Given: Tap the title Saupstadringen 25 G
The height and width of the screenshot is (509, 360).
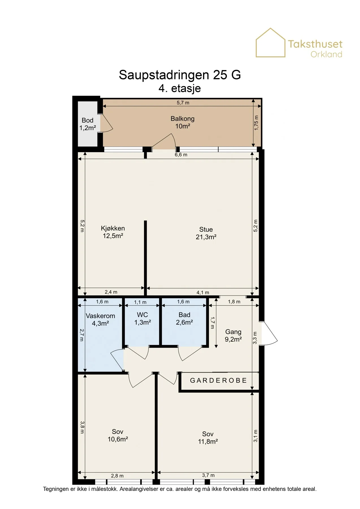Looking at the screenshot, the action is tap(180, 75).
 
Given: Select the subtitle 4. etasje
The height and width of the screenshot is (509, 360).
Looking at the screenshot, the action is tap(180, 88).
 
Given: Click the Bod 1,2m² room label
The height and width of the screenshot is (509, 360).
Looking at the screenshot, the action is tap(88, 124).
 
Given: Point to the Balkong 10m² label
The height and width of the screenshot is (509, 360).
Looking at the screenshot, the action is tap(182, 122).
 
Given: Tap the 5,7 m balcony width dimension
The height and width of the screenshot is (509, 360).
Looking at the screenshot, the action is tap(183, 103).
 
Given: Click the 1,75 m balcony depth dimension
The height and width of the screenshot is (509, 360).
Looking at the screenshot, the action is tap(256, 123).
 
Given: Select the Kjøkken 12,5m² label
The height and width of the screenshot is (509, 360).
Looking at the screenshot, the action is tap(113, 232).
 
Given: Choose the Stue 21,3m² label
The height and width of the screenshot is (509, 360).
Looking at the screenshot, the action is tap(206, 233).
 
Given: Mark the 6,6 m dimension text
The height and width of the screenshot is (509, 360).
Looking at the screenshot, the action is tap(181, 155).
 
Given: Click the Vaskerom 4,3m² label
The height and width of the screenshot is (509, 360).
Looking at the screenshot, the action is tap(100, 320).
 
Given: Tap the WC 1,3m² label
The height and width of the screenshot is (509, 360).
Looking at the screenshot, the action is tap(143, 318).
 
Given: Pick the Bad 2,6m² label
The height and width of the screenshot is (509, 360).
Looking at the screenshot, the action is tap(184, 318).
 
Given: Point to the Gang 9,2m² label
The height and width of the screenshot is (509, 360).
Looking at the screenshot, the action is tap(233, 335).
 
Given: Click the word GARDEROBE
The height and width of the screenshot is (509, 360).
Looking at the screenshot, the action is tap(218, 380).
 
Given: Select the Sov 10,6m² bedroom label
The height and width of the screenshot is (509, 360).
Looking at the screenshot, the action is tap(118, 435).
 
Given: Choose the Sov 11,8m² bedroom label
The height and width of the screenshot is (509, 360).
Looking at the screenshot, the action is tap(208, 437).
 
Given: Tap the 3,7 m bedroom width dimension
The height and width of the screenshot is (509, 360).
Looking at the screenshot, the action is tap(208, 475).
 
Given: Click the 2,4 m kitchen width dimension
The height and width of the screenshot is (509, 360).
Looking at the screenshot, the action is tap(111, 292).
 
